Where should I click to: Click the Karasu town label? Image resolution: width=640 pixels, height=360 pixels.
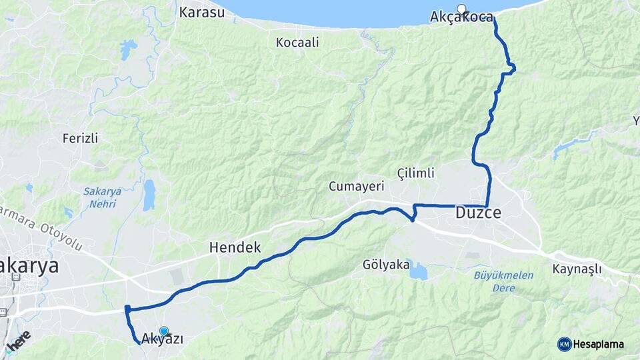point(202,12)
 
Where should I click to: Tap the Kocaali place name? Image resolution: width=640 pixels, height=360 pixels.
point(297,43)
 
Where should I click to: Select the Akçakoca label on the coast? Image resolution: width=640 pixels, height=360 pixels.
point(462,17)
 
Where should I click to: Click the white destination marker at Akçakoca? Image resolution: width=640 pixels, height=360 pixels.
point(462,9)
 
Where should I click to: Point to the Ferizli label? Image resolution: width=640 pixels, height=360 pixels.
point(80,139)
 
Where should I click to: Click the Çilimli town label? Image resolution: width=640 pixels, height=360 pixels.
point(415,173)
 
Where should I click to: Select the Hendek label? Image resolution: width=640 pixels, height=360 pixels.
point(235,247)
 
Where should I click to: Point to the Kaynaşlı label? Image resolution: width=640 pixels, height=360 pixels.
point(577,269)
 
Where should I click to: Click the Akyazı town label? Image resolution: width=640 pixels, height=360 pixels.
point(162,339)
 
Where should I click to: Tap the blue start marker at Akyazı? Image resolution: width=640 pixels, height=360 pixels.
point(164,330)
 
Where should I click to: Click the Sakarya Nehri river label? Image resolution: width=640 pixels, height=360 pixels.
point(103,197)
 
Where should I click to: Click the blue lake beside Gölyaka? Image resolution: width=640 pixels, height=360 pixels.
point(418,270)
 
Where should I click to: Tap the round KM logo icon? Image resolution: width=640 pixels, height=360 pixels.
point(564,344)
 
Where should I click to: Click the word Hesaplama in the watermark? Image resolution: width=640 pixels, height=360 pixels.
point(599,344)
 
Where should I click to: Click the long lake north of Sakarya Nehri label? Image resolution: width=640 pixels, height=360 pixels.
point(149,195)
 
